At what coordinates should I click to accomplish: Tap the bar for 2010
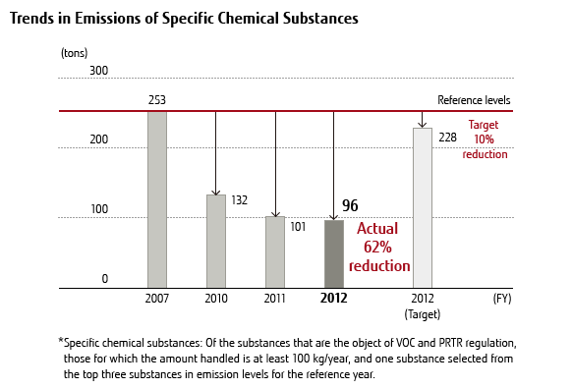[216, 242]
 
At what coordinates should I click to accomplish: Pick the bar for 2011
[275, 252]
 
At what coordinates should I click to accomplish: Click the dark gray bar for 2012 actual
[334, 254]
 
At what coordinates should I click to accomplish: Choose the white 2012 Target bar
[422, 208]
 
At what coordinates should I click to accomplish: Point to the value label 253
[157, 100]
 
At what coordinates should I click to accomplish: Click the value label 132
[239, 200]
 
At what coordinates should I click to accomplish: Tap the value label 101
[298, 226]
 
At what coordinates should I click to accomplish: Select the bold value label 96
[350, 206]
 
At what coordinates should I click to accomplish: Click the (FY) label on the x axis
[502, 298]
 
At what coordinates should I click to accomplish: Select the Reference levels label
[474, 100]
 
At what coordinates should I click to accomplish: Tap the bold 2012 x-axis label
[334, 298]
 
